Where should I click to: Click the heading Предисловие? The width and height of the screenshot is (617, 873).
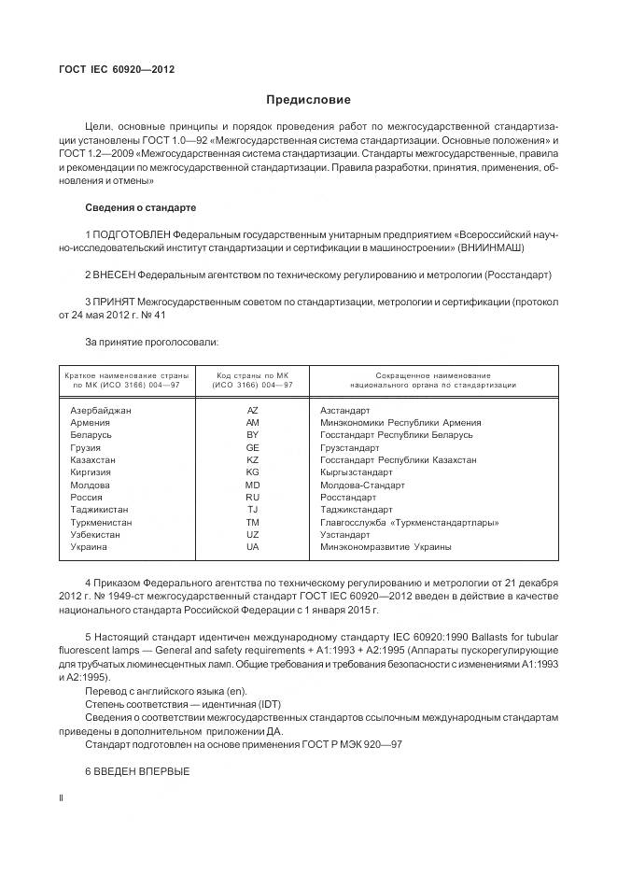click(308, 100)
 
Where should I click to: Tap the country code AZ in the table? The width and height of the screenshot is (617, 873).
click(252, 410)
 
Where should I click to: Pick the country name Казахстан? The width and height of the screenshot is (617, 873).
click(93, 459)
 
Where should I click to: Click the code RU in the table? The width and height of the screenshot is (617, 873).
click(252, 498)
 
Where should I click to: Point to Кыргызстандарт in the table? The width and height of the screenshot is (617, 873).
click(357, 472)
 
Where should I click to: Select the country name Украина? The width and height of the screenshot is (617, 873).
click(89, 547)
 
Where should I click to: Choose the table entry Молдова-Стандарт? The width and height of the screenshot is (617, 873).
click(362, 485)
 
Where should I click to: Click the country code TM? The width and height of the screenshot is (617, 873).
click(252, 522)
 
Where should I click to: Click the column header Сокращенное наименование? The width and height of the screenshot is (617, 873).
click(433, 374)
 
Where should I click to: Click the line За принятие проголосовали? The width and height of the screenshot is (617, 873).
click(152, 343)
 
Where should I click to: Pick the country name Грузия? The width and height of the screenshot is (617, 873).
click(86, 447)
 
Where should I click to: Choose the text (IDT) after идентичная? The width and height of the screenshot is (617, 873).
click(261, 703)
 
